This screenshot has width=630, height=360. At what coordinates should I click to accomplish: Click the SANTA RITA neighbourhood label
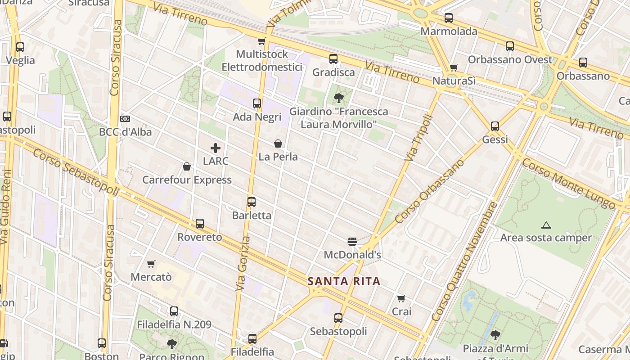pyautogui.click(x=344, y=282)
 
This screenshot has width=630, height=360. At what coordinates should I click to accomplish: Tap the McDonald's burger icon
pyautogui.click(x=352, y=242)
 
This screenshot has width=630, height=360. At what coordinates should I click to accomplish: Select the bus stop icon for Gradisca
pyautogui.click(x=333, y=59)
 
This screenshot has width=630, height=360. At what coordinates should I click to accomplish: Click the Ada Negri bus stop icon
pyautogui.click(x=257, y=103)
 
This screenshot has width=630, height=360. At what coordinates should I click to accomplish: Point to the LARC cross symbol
pyautogui.click(x=216, y=148)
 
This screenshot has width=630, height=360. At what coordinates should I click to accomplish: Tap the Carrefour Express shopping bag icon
pyautogui.click(x=187, y=167)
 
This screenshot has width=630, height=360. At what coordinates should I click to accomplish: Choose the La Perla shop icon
pyautogui.click(x=278, y=144)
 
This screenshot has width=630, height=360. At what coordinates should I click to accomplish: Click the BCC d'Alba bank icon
pyautogui.click(x=126, y=119)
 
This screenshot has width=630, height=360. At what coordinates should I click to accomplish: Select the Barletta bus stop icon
pyautogui.click(x=252, y=202)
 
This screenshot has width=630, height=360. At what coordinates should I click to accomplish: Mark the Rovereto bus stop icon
pyautogui.click(x=200, y=224)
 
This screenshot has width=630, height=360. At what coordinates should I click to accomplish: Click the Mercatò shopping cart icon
pyautogui.click(x=151, y=264)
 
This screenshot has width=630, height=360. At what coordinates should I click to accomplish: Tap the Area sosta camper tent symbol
pyautogui.click(x=546, y=225)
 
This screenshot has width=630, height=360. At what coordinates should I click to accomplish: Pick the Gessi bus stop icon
pyautogui.click(x=495, y=126)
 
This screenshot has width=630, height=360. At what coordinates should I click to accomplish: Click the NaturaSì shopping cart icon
pyautogui.click(x=454, y=67)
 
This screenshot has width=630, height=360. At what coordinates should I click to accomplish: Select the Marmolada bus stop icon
pyautogui.click(x=449, y=18)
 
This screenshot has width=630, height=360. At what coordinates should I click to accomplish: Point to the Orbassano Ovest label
pyautogui.click(x=510, y=60)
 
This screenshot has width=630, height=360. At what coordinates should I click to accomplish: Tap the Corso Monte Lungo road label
pyautogui.click(x=568, y=184)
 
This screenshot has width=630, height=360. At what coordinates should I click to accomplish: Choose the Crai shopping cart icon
pyautogui.click(x=401, y=298)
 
